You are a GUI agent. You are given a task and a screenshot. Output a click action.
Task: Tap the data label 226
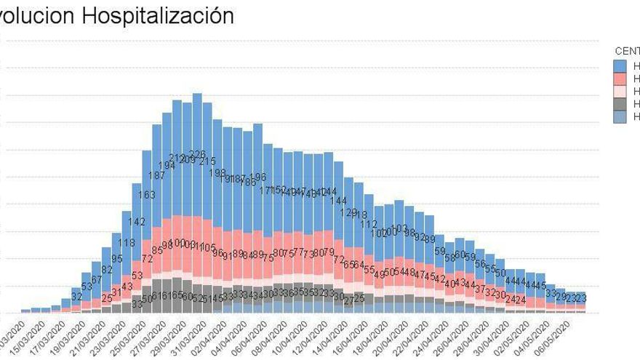coord(197,154)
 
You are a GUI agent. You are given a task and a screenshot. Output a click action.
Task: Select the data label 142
coord(137,222)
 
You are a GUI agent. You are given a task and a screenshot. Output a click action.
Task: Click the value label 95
coord(117,259)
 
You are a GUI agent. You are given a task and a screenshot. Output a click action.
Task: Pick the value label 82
coord(107,270)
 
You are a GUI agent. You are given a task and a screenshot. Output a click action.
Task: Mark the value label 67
coord(97,279)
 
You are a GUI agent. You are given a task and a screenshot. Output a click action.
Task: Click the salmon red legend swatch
coord(620,79)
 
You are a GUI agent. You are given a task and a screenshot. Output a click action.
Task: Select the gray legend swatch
coord(620,105)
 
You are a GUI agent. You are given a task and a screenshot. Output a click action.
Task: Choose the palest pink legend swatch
coord(620,92)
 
